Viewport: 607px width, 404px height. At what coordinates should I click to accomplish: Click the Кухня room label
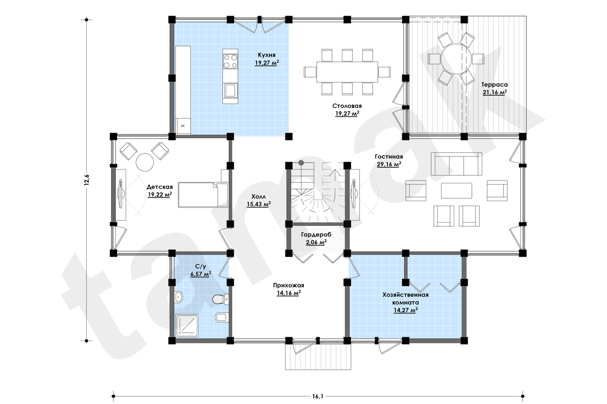[x=267, y=55]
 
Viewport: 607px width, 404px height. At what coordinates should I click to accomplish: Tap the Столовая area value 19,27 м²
[x=347, y=114]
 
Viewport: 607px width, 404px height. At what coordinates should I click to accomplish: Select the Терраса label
[x=495, y=84]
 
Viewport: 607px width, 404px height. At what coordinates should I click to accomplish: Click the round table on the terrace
[x=456, y=59]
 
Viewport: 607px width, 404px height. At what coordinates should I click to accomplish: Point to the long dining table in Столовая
[x=347, y=72]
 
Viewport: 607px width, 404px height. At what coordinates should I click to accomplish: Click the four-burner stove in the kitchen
[x=230, y=61]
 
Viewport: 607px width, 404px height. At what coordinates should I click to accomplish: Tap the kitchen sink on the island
[x=230, y=90]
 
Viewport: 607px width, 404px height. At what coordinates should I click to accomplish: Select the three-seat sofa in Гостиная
[x=456, y=164]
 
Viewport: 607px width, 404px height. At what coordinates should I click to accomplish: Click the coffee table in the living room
[x=456, y=190]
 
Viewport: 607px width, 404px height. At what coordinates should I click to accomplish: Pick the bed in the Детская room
[x=202, y=195]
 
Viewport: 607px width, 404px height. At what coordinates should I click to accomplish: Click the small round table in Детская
[x=145, y=162]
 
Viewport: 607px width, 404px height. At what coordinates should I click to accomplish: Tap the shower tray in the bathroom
[x=187, y=325]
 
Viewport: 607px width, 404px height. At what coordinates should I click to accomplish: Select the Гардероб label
[x=316, y=234]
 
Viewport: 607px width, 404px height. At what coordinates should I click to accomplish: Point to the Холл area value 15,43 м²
[x=258, y=204]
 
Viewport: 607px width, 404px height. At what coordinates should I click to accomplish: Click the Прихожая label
[x=289, y=285]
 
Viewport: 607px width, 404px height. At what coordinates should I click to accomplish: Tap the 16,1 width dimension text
[x=318, y=396]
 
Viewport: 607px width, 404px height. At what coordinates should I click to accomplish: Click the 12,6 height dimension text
[x=86, y=180]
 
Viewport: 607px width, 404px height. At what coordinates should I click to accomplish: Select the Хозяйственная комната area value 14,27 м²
[x=405, y=310]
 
